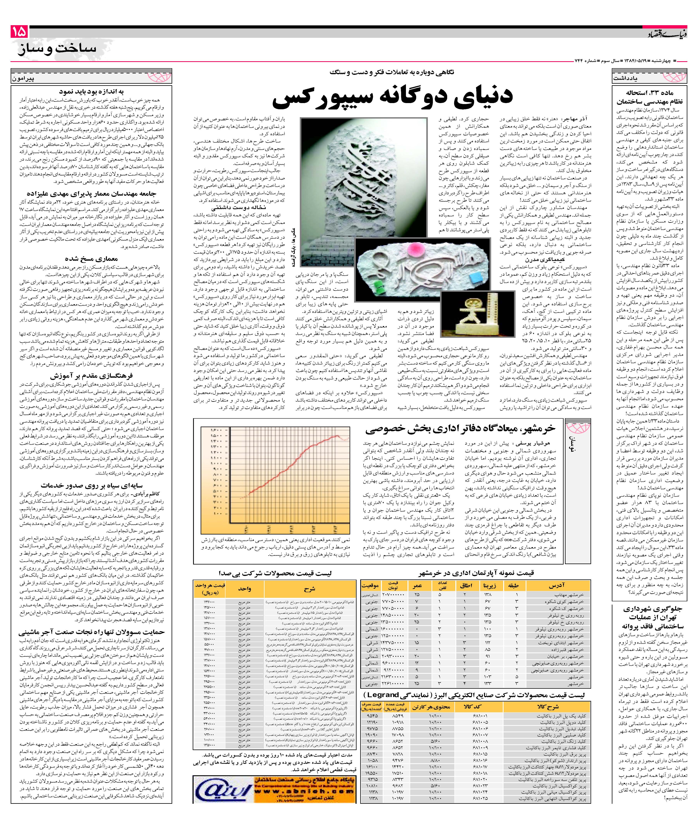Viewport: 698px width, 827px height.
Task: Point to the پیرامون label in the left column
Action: [x=24, y=78]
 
